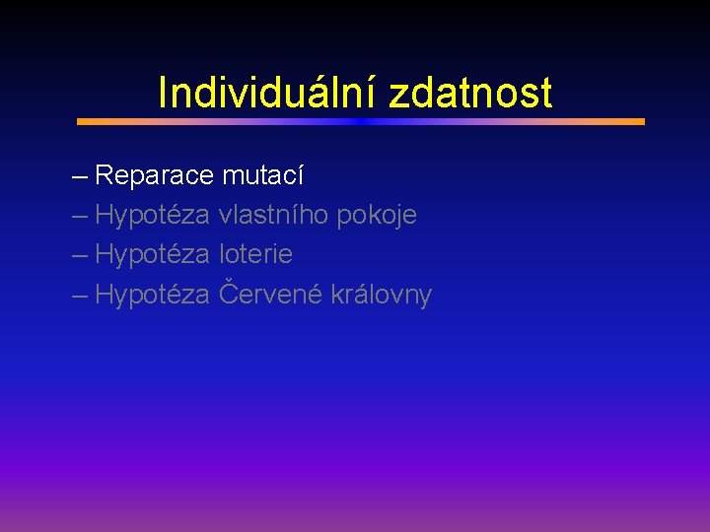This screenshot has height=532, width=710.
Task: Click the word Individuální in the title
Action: [269, 94]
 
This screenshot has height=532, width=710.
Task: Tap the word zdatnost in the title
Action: [470, 94]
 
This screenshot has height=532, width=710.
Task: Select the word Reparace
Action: [155, 176]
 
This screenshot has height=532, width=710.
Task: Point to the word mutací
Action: [263, 176]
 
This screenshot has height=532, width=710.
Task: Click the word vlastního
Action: [274, 215]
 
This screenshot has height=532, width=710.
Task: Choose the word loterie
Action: [255, 254]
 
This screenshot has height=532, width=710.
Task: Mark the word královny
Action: [382, 295]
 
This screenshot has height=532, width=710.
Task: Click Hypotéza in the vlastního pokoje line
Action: [153, 215]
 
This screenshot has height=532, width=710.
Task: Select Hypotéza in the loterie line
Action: [153, 254]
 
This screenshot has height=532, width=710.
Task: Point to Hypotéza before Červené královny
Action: [153, 295]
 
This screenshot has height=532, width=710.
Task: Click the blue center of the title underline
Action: [360, 122]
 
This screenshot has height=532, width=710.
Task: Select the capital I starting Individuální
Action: [163, 94]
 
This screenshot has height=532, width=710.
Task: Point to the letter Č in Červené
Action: [228, 293]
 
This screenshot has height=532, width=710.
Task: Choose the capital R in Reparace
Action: [105, 176]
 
